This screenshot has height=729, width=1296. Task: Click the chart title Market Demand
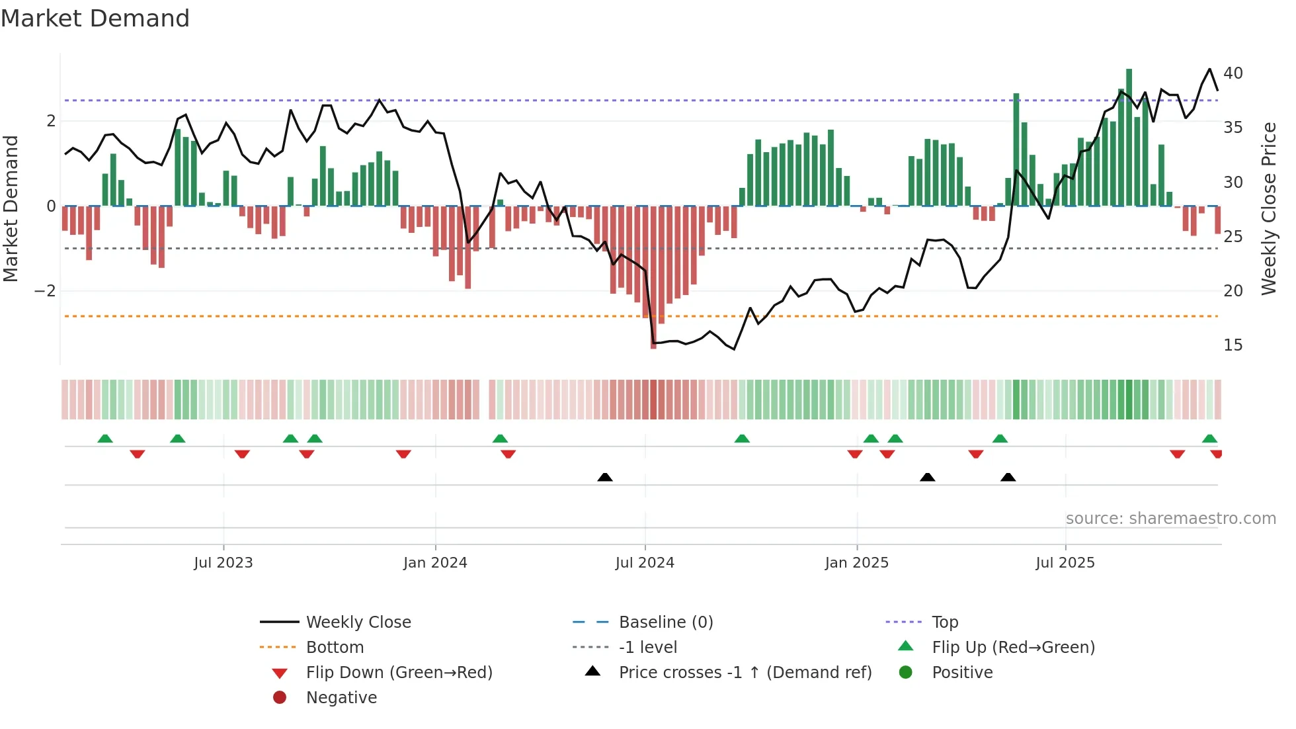coord(95,19)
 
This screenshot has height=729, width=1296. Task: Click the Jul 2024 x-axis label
coord(645,563)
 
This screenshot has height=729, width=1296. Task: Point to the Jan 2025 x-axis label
coord(856,563)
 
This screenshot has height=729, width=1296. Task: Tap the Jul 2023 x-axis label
coord(223,563)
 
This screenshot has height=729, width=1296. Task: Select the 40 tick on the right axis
coord(1233,73)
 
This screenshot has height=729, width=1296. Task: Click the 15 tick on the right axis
coord(1233,345)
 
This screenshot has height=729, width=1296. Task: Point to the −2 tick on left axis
coord(45,291)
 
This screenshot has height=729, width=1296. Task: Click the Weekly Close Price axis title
coord(1268,208)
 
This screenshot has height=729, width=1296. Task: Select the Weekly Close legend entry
coord(358,622)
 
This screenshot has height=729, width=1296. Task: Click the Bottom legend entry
coord(335,648)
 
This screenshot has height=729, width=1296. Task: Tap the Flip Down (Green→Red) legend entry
coord(399,673)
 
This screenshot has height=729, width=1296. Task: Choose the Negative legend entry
coord(341,698)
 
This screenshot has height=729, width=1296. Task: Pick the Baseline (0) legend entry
coord(665,622)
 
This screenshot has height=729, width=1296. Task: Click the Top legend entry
coord(944,622)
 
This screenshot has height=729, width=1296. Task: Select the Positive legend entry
coord(962,673)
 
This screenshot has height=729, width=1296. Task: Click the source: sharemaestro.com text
coord(1170,519)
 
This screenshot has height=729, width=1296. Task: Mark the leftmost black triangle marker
coord(604,477)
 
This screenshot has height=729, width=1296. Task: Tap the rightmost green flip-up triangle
coord(1209,439)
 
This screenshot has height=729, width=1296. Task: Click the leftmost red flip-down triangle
coord(138,454)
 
